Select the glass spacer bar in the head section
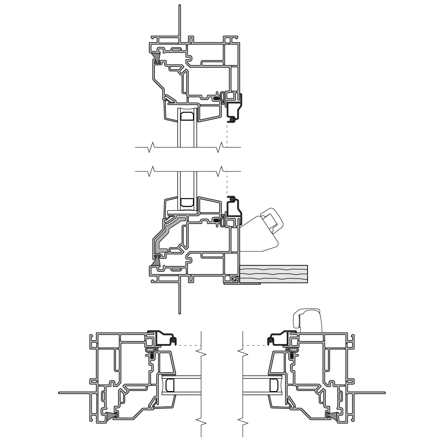pos(187,115)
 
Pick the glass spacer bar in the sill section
pos(187,202)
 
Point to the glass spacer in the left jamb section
pos(170,385)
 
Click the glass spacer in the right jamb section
pos(274,385)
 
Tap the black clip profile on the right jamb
pos(280,338)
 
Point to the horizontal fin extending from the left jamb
pos(74,392)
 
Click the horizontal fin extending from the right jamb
pos(369,392)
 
